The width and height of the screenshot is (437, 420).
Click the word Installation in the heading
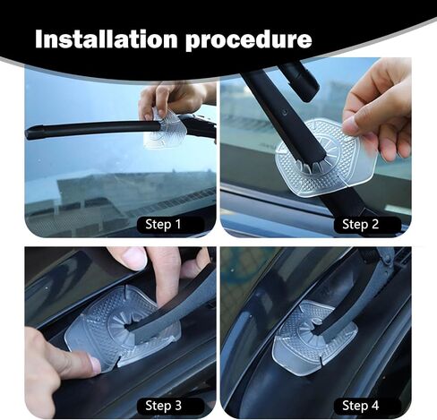(107, 39)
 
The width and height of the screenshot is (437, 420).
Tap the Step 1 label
(163, 224)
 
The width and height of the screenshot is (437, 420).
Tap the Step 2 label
(360, 224)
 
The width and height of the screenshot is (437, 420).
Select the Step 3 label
(163, 406)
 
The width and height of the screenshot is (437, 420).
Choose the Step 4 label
(360, 406)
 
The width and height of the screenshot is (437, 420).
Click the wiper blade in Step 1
(92, 129)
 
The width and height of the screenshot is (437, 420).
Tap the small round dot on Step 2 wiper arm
(285, 112)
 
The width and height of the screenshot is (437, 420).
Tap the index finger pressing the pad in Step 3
(60, 358)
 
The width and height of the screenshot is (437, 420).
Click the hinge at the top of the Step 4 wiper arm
(382, 257)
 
